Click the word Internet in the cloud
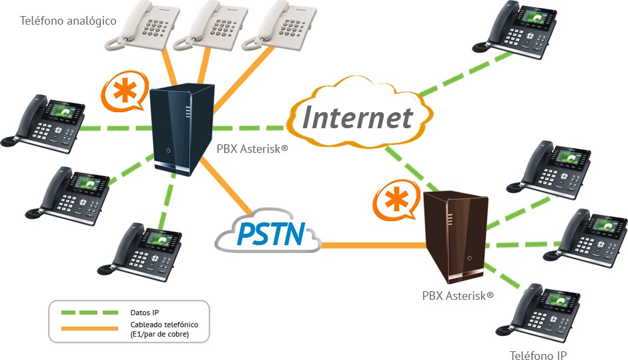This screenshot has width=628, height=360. (x=358, y=118)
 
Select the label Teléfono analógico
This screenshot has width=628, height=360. (x=69, y=21)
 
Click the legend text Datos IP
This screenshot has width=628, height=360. (x=145, y=312)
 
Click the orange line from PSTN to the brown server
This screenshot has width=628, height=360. (x=374, y=245)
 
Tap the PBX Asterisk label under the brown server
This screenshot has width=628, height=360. (x=458, y=295)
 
